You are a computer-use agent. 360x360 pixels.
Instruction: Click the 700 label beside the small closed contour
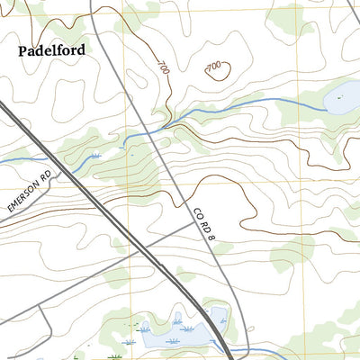(x=213, y=67)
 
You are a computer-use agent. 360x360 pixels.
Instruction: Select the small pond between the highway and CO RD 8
(x=217, y=316)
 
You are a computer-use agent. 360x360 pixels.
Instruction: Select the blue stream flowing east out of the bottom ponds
(x=261, y=351)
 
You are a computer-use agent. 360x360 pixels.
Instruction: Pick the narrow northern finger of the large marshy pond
(x=177, y=319)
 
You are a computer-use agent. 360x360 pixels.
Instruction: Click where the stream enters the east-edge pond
(x=324, y=103)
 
